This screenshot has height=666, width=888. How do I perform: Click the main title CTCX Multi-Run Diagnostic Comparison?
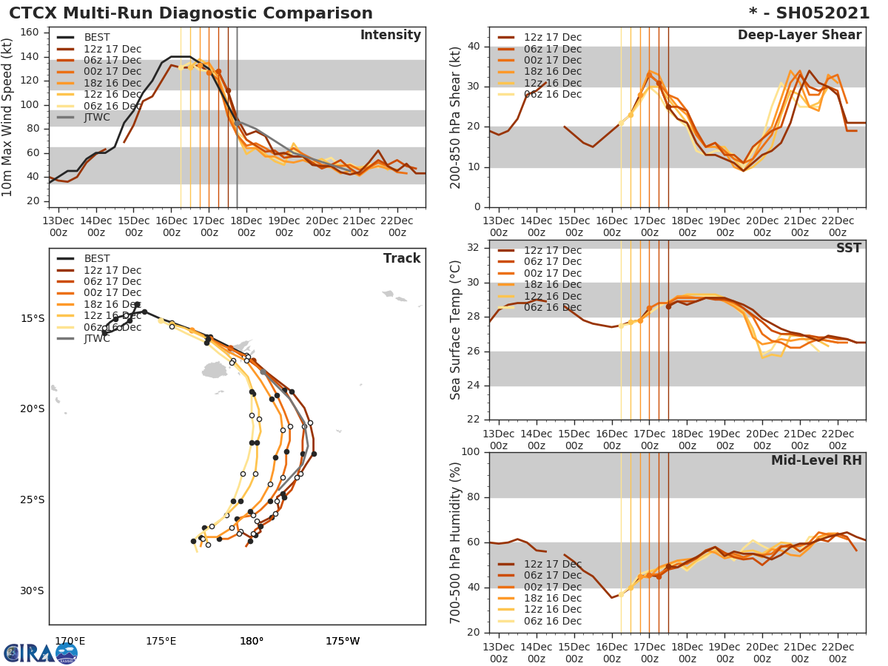pyautogui.click(x=191, y=13)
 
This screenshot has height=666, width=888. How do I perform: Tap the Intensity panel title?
pyautogui.click(x=390, y=36)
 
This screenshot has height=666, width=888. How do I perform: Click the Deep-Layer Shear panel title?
pyautogui.click(x=799, y=36)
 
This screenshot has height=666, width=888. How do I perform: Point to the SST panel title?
pyautogui.click(x=848, y=249)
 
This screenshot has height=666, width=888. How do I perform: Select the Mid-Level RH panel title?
pyautogui.click(x=815, y=461)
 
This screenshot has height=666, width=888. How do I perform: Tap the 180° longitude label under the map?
pyautogui.click(x=252, y=641)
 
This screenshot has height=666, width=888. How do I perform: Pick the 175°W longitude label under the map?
pyautogui.click(x=343, y=641)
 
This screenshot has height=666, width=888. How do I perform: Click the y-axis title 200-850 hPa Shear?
pyautogui.click(x=457, y=117)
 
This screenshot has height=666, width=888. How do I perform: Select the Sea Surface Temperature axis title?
pyautogui.click(x=457, y=330)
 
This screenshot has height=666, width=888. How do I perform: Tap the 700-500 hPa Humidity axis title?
pyautogui.click(x=457, y=542)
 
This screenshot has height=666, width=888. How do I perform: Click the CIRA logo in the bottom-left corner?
pyautogui.click(x=41, y=653)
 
